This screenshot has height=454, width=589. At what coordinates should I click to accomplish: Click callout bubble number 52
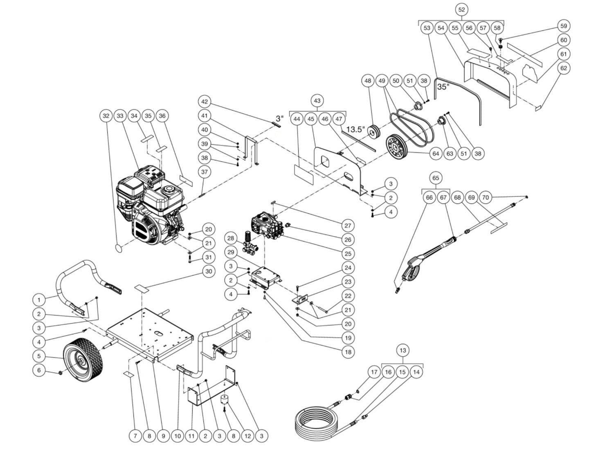(x=461, y=9)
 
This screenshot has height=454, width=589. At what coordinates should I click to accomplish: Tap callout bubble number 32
(x=106, y=116)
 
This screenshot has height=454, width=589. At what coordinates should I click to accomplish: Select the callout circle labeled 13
(x=402, y=350)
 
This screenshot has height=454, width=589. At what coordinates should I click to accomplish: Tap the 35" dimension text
(x=443, y=87)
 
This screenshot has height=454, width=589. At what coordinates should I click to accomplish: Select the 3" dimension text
(x=279, y=118)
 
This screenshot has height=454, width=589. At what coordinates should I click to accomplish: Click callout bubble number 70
(x=486, y=197)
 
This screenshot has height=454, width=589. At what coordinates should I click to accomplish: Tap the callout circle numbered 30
(x=209, y=271)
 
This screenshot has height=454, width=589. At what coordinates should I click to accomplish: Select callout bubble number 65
(x=436, y=178)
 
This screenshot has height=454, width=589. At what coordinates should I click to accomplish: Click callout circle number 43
(x=317, y=100)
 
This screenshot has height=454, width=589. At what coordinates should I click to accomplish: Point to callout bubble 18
(x=348, y=352)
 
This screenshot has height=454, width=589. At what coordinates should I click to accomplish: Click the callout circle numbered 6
(x=39, y=370)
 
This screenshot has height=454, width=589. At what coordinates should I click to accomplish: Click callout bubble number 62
(x=564, y=68)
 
